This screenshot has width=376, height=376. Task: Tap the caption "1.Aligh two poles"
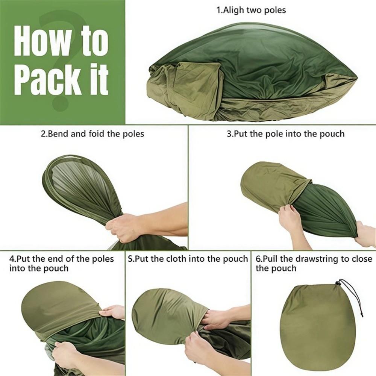click(251, 10)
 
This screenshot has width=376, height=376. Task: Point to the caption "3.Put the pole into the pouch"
click(285, 133)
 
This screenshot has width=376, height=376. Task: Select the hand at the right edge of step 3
click(365, 235)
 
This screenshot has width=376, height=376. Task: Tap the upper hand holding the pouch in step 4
click(113, 312)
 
